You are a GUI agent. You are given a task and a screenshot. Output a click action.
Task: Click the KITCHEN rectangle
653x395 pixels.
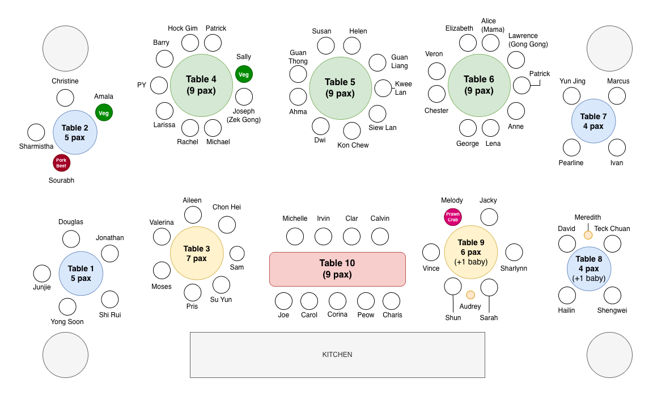(337, 355)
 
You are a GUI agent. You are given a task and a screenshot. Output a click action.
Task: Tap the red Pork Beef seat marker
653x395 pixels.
(62, 163)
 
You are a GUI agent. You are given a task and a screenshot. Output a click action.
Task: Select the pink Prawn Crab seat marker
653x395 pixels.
(453, 217)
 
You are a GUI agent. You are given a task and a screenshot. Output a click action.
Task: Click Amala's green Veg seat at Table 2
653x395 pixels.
(104, 112)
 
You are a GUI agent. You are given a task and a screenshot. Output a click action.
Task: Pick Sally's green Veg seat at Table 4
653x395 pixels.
(244, 74)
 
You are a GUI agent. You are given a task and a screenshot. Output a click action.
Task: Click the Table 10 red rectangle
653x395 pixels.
(337, 269)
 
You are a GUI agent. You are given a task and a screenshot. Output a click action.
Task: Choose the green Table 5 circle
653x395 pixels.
(340, 88)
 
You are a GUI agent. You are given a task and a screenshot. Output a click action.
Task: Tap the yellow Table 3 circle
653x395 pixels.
(197, 253)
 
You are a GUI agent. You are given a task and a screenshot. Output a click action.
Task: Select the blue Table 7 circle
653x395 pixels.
(593, 121)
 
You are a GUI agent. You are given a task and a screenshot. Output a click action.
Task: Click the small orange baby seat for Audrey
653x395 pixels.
(470, 295)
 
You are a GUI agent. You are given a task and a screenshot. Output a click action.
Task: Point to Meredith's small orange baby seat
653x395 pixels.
(588, 236)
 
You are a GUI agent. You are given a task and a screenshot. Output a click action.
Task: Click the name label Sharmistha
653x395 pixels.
(36, 146)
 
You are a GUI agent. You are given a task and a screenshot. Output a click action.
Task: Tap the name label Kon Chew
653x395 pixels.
(353, 145)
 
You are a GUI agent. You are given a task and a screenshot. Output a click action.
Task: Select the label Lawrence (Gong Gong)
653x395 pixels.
(528, 40)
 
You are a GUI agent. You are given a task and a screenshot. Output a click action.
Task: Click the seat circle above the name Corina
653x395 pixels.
(337, 301)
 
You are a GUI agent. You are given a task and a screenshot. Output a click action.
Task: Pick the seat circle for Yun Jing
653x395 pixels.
(571, 96)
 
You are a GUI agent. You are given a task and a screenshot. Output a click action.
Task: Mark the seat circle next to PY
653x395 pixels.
(159, 86)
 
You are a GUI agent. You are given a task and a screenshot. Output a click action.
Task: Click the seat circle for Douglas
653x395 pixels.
(71, 239)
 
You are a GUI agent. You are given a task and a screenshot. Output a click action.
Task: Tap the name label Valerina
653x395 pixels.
(162, 222)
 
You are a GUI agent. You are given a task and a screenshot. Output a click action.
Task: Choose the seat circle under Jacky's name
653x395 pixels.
(489, 217)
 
